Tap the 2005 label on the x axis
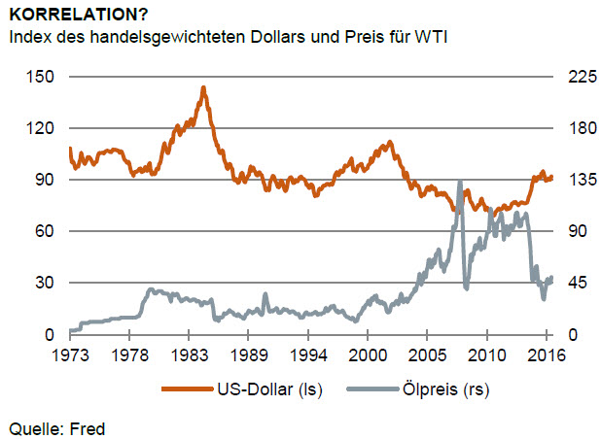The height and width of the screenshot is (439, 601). [x=428, y=355]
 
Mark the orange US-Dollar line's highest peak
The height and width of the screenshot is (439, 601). [x=202, y=87]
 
